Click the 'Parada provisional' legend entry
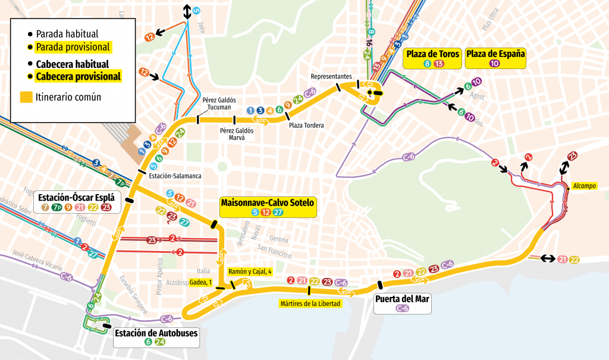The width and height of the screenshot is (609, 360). (x=73, y=47)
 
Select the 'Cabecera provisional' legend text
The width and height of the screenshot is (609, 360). (x=78, y=76)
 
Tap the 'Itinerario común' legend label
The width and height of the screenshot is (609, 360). (x=68, y=97)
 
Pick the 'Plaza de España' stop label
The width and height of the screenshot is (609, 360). (x=496, y=54)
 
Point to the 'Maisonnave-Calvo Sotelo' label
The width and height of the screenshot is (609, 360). (x=267, y=203)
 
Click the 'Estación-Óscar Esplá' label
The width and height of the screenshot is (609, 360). (x=75, y=197)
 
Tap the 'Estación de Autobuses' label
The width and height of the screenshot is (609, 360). (x=155, y=333)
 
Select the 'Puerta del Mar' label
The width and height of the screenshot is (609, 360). (x=403, y=299)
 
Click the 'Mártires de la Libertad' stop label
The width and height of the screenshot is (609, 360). (x=310, y=303)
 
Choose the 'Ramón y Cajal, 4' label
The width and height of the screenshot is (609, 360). (x=250, y=271)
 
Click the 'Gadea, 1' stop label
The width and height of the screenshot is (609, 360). (x=200, y=283)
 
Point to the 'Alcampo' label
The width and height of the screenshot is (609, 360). (x=584, y=186)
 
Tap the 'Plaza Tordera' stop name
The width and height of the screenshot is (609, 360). (x=306, y=126)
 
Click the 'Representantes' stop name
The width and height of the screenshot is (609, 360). (x=331, y=77)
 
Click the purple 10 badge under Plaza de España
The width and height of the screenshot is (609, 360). (x=494, y=64)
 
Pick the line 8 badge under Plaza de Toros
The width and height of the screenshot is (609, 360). (x=426, y=64)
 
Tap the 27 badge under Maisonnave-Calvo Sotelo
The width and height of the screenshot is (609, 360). (x=278, y=212)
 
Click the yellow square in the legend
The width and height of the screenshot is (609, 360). (x=26, y=97)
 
